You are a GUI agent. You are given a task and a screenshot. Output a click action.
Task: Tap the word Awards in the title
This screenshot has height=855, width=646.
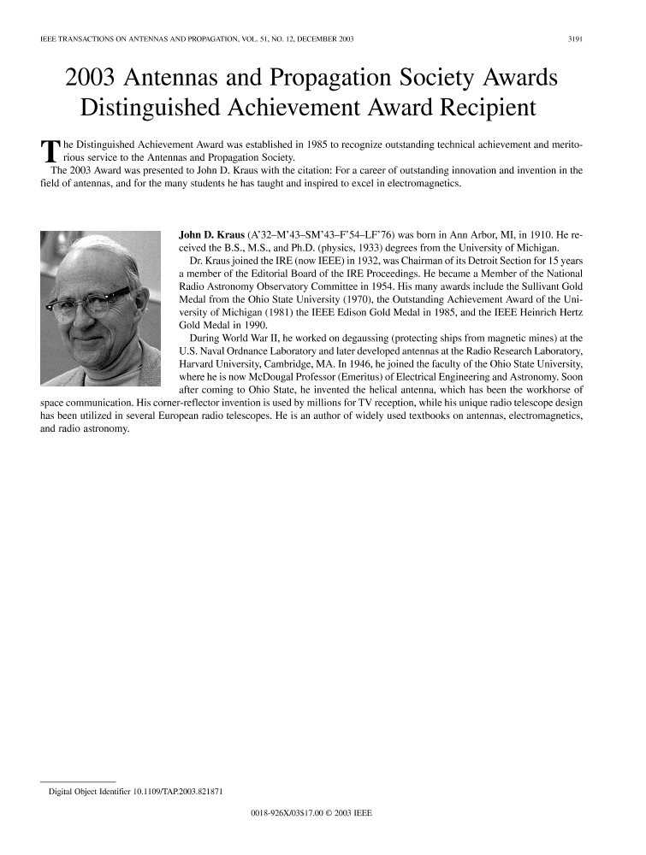point(507,79)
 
